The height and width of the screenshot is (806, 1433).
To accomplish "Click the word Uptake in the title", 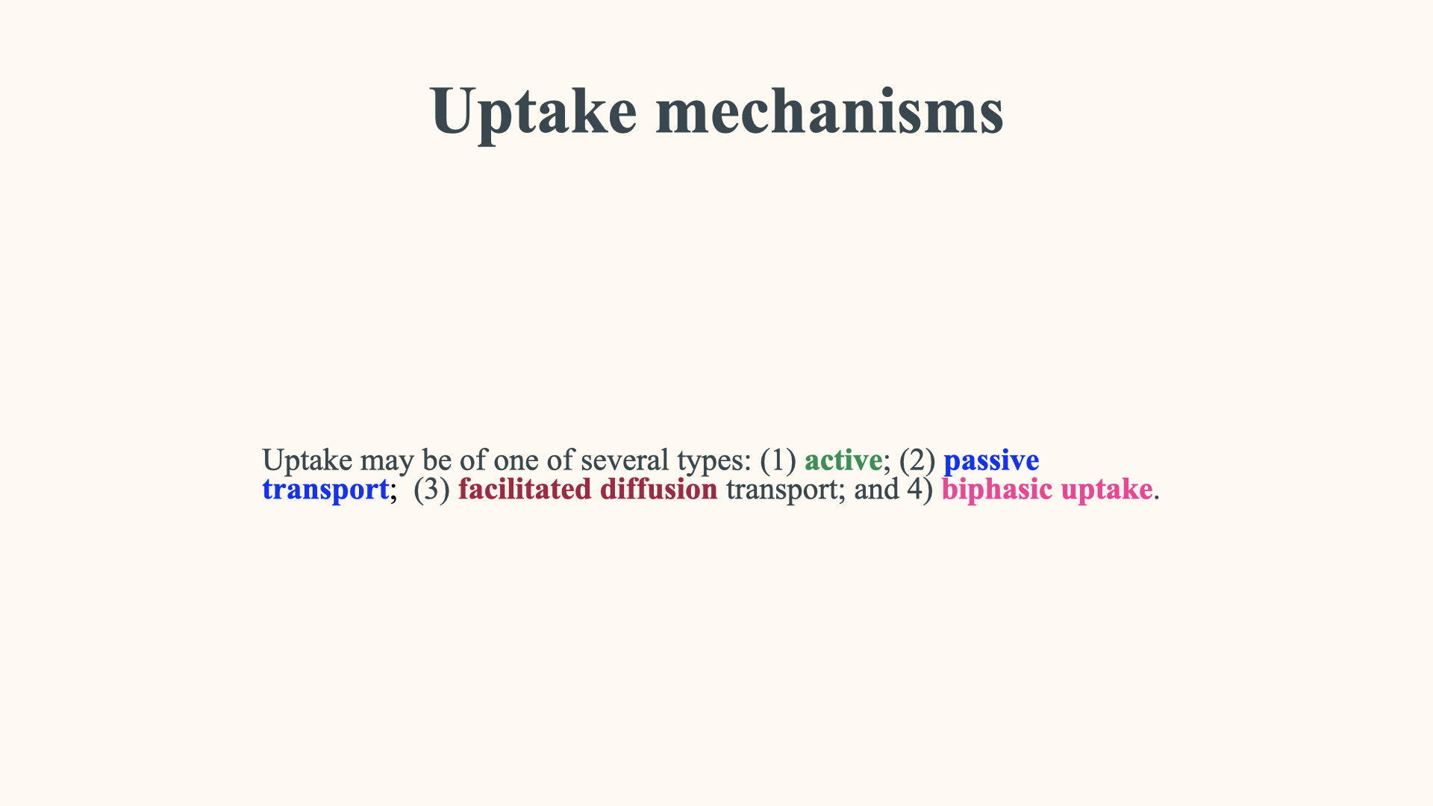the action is point(533,112).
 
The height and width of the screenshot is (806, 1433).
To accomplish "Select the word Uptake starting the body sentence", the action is point(307,461).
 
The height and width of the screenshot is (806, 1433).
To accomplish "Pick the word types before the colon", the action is point(711,463).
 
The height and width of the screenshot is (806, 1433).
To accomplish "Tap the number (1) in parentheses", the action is point(778,460).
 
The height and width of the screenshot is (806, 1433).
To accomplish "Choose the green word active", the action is point(843,460).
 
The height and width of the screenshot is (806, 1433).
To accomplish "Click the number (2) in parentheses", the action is point(917,460).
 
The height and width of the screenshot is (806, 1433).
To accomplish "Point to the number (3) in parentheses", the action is point(431,490).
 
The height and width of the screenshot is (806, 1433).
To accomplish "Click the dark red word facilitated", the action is point(525,489).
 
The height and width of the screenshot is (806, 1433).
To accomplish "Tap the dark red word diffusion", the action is point(658,489).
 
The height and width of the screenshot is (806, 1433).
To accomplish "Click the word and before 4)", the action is point(876,489).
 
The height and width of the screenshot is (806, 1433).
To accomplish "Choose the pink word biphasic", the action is point(997,490).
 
